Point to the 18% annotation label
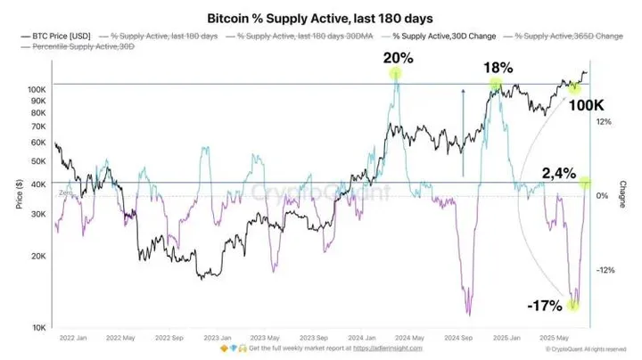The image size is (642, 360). (497, 68)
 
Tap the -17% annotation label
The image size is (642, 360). (544, 307)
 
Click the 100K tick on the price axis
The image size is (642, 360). (37, 90)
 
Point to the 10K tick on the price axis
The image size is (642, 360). (39, 328)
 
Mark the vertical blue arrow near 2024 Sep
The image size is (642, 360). (462, 132)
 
